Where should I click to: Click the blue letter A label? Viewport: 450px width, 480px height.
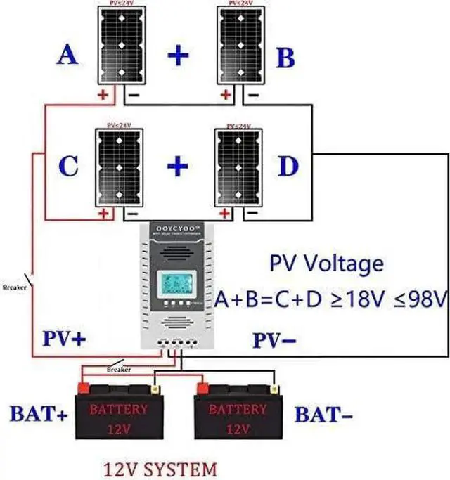tap(68, 55)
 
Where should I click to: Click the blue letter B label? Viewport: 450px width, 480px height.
tap(285, 58)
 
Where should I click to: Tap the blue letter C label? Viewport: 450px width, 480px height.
tap(67, 167)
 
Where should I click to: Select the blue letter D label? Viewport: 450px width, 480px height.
tap(288, 167)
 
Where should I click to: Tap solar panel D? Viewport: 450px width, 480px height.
tap(238, 167)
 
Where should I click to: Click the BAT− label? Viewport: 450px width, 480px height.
tap(323, 415)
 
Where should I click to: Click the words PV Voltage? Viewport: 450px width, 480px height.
tap(327, 264)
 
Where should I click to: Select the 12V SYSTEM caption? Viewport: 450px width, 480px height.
tap(160, 467)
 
